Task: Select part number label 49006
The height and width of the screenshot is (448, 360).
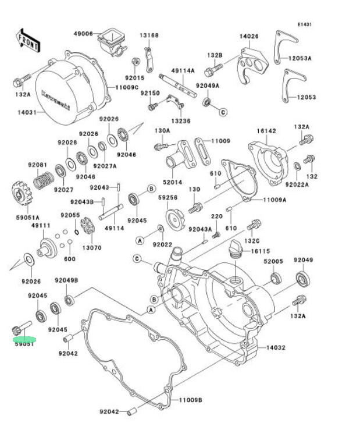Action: [83, 34]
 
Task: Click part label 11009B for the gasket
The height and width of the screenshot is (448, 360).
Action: [190, 400]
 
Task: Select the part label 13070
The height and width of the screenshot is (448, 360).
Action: [91, 247]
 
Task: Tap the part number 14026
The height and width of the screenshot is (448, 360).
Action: [249, 36]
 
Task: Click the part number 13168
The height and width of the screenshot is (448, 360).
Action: [148, 35]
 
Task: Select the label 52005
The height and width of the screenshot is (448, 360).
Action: [273, 261]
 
